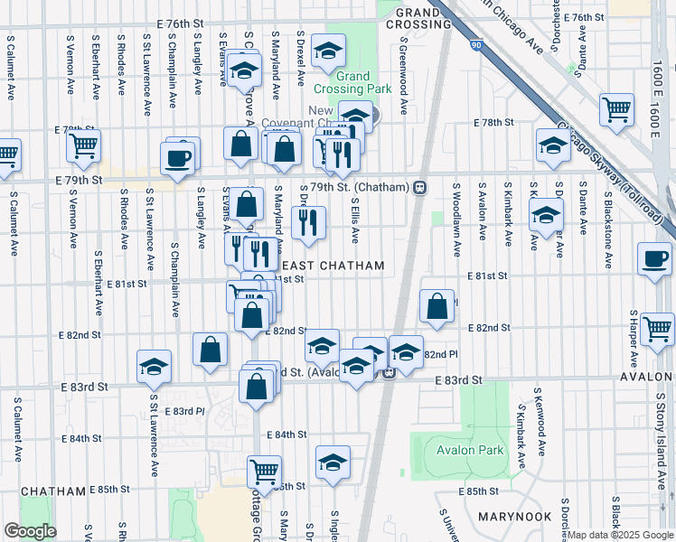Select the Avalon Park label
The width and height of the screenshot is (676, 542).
click(x=468, y=451)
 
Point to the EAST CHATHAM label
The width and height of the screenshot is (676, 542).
click(x=333, y=266)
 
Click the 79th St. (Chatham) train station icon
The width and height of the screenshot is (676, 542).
click(x=419, y=187)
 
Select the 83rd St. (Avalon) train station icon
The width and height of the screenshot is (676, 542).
click(x=389, y=372)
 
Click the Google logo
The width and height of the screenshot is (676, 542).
click(x=29, y=531)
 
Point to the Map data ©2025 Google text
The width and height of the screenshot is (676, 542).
click(x=620, y=535)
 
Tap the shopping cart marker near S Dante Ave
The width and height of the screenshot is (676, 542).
click(x=616, y=110)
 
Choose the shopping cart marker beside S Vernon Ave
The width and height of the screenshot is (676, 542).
click(x=83, y=145)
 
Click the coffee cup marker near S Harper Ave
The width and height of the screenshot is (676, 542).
click(x=654, y=257)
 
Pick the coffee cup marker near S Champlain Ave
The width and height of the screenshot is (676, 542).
click(x=177, y=157)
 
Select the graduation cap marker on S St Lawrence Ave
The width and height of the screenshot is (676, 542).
click(x=154, y=366)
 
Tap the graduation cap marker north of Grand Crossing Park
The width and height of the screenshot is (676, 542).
click(x=328, y=51)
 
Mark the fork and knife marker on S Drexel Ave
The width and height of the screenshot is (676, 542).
click(x=308, y=222)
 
